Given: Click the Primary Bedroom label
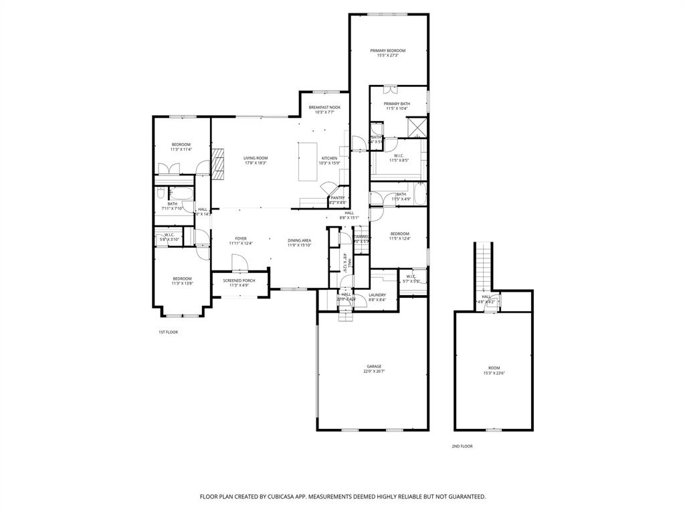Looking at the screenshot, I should [x=388, y=51].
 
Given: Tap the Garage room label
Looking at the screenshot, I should [x=373, y=366].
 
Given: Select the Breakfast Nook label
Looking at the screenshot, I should [x=324, y=107].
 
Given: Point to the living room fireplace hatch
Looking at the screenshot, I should [x=217, y=164].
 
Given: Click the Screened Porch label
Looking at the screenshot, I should [x=239, y=280].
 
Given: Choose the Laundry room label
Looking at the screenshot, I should [x=377, y=294].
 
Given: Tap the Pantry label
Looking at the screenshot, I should [x=337, y=197].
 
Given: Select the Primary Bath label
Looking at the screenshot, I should [x=397, y=104].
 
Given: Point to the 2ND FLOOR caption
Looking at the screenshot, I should [x=462, y=446].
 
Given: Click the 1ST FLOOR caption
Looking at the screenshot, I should [x=168, y=332].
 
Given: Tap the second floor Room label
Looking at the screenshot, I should [x=494, y=367].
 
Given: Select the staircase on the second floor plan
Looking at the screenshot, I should [x=483, y=264].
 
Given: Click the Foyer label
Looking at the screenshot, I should [x=241, y=238].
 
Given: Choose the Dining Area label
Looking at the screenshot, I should [x=299, y=240].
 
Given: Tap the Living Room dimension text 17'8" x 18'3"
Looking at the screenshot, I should [x=256, y=163].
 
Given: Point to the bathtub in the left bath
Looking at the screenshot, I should [x=181, y=194].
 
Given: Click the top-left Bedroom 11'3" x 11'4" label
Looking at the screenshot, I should [x=181, y=145].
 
